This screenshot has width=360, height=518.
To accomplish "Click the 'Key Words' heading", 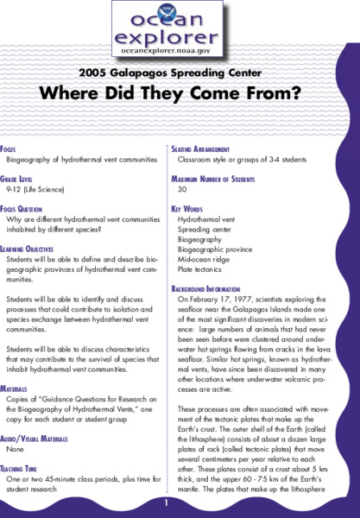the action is coord(186,209).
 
